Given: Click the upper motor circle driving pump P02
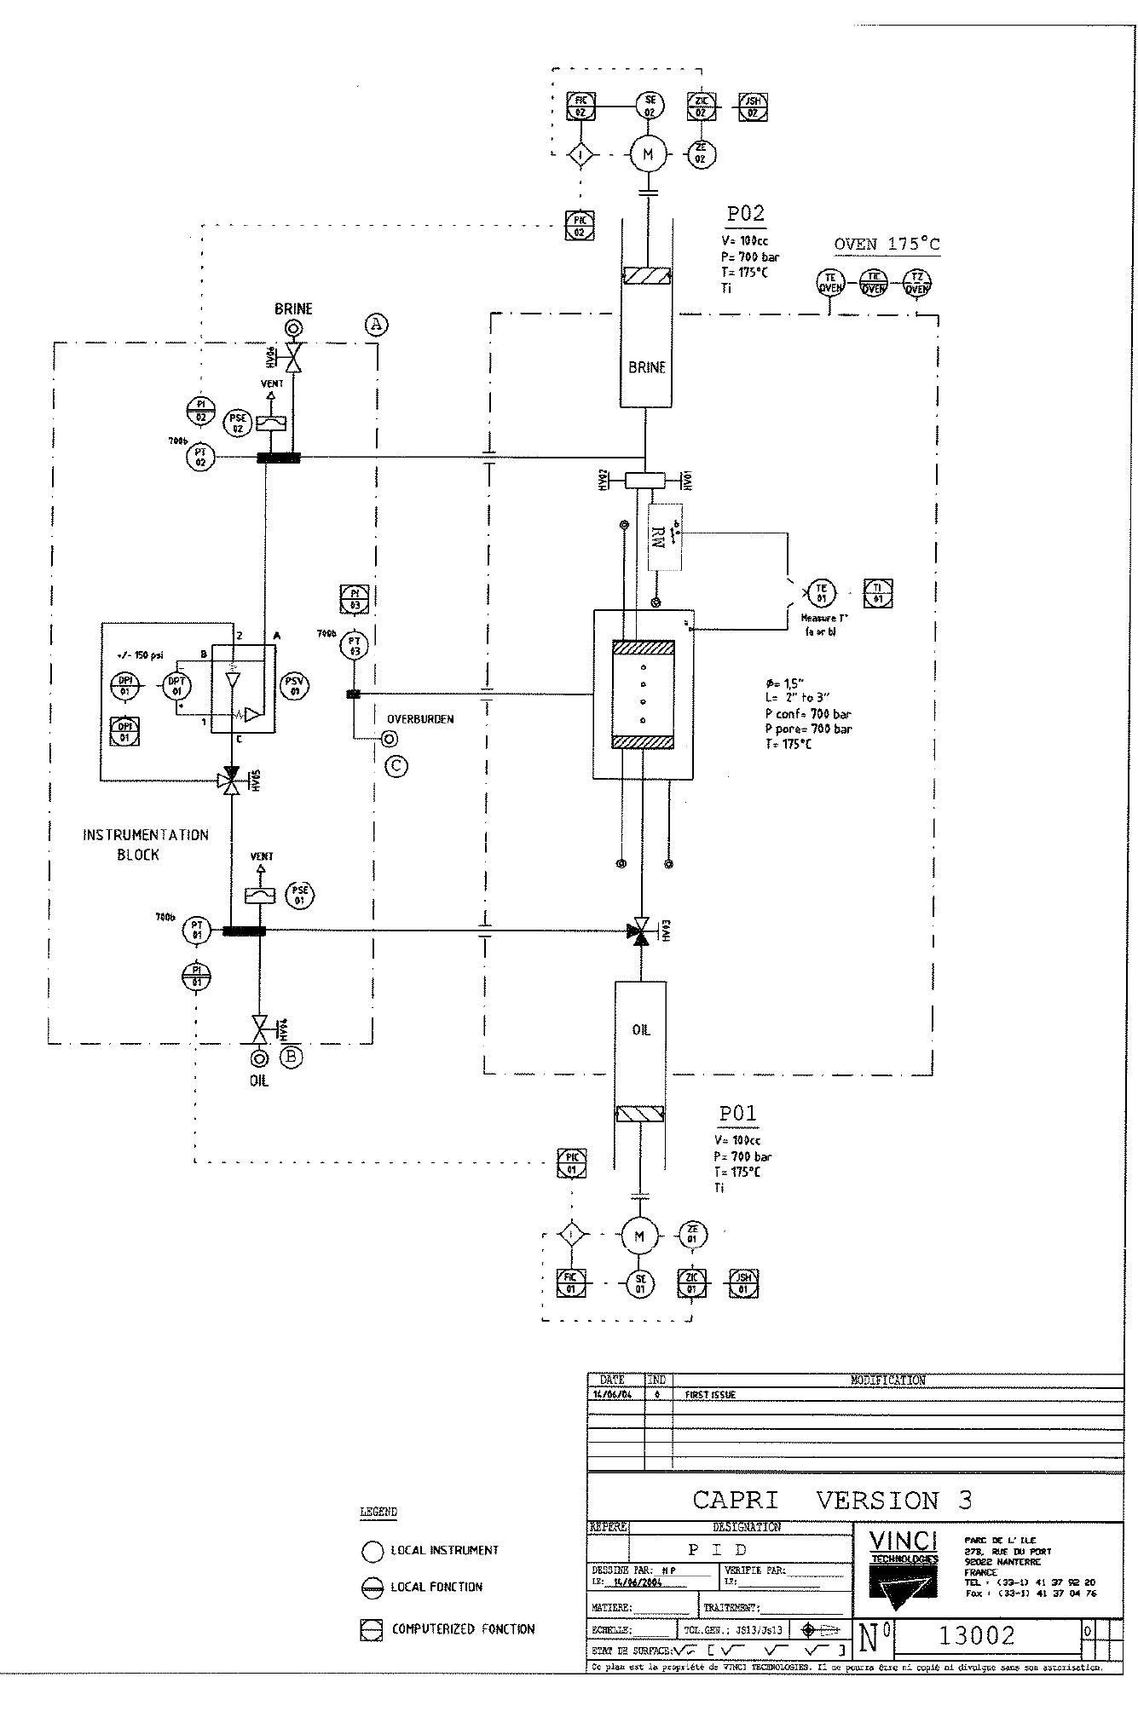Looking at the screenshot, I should coord(648,154).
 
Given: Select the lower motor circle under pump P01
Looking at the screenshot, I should coord(640,1236).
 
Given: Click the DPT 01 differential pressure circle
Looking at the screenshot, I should coord(176,686).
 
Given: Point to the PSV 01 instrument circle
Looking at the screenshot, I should coord(295,686).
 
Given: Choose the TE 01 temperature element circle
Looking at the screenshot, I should coord(822,593).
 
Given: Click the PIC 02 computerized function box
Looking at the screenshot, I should coord(580,227).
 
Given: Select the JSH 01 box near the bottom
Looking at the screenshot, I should coord(744,1283).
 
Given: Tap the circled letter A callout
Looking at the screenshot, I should coord(376,325).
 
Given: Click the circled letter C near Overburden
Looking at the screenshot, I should coord(396,766).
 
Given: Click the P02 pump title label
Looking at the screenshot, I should coord(744,214).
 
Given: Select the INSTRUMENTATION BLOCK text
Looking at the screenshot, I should coord(145,844).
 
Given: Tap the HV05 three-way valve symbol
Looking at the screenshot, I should coord(229,781).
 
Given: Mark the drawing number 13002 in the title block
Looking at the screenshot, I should coord(976,1635).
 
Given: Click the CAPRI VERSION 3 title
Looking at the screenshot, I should coord(831,1500).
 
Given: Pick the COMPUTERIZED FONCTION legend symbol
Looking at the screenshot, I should coord(372,1629).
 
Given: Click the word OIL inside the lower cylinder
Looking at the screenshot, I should coord(641,1030).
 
